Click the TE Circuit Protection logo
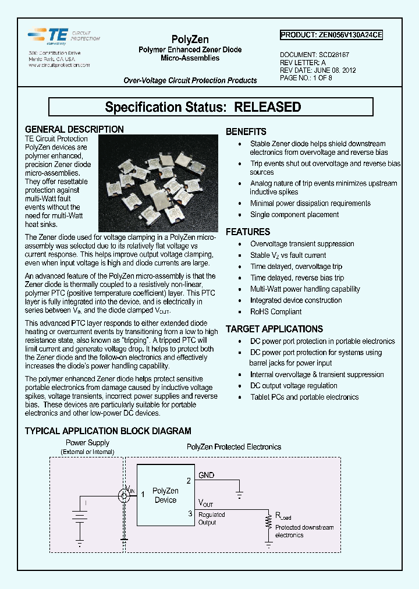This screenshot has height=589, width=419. click(x=64, y=36)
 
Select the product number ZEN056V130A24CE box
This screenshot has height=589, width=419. click(x=331, y=35)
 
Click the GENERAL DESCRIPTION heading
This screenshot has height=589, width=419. click(x=74, y=129)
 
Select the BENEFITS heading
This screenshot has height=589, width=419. click(x=246, y=132)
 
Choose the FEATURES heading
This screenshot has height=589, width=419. click(x=248, y=232)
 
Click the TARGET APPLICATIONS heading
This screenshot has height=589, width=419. click(x=274, y=329)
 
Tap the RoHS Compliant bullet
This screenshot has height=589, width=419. click(x=276, y=311)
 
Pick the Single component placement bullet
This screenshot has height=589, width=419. click(x=294, y=215)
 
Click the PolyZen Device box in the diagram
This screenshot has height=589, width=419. click(x=166, y=495)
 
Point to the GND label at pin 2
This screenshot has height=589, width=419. click(x=207, y=476)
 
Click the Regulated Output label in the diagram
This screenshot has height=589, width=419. click(x=211, y=518)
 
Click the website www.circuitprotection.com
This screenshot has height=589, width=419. click(x=59, y=65)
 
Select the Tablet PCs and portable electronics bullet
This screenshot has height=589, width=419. click(x=304, y=397)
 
